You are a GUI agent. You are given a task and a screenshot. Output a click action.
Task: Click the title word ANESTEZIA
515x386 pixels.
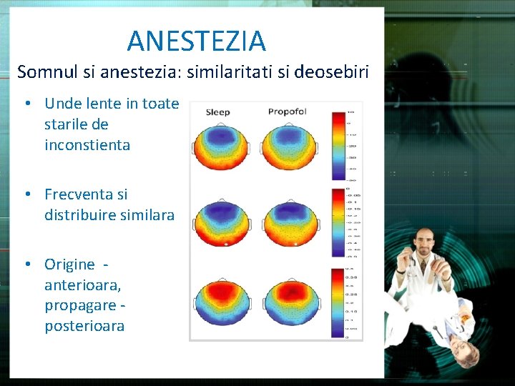click(x=196, y=41)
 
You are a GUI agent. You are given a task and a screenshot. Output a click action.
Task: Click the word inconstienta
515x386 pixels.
click(x=87, y=145)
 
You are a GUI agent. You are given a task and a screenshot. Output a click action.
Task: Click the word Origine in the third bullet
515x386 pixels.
click(x=69, y=264)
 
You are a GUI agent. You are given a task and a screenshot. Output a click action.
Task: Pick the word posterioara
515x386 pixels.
click(x=84, y=326)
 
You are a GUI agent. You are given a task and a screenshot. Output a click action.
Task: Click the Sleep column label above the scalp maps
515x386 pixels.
click(x=217, y=112)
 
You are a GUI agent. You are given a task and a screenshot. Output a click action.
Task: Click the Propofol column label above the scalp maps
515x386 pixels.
click(x=287, y=112)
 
